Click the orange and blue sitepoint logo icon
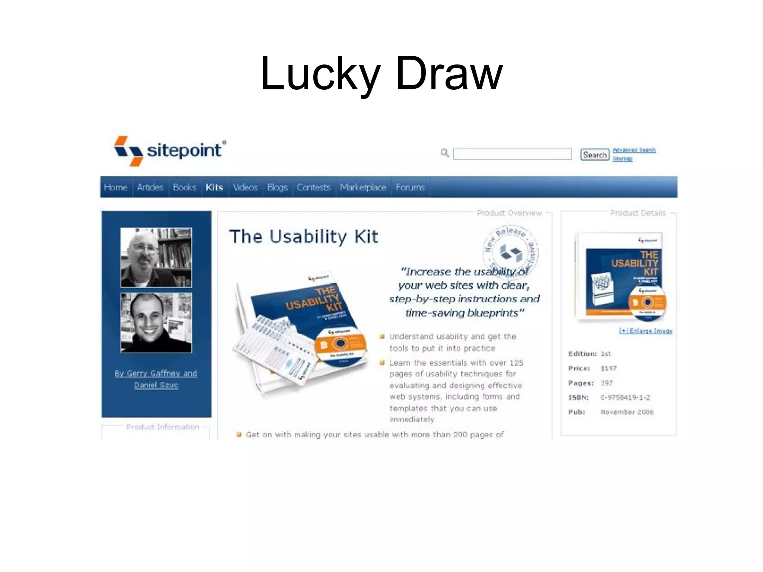tap(129, 151)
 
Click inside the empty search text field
tap(512, 154)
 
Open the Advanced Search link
tap(634, 150)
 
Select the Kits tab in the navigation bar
tap(214, 187)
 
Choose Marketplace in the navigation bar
tap(363, 187)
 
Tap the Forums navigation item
tap(410, 187)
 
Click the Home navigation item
tap(115, 187)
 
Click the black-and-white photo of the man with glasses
tap(156, 258)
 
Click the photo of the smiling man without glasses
tap(156, 323)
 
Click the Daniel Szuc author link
tap(156, 385)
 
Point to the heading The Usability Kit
tap(304, 237)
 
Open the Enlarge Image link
tap(646, 331)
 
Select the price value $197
tap(608, 368)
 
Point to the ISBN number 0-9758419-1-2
tap(625, 397)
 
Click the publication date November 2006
tap(627, 412)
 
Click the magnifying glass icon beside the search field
tap(444, 153)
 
